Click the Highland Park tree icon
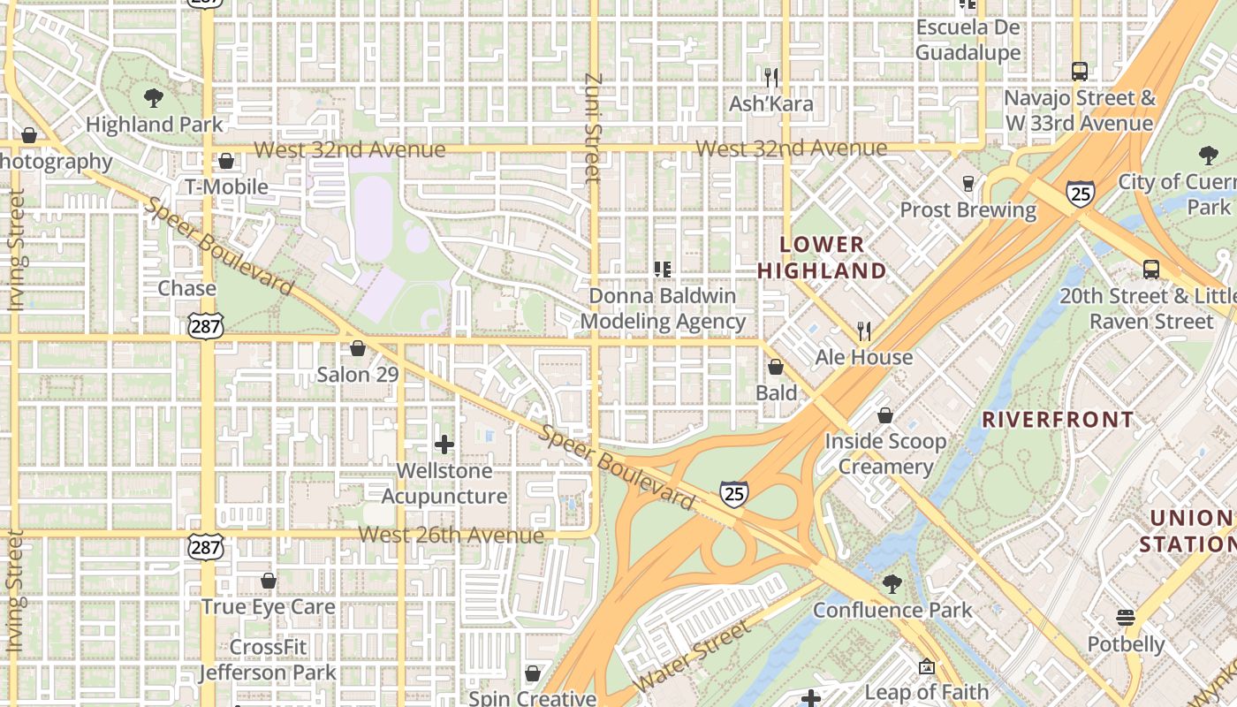point(153,97)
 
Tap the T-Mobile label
point(226,186)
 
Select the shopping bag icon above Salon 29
point(358,348)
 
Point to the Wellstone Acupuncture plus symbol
point(444,445)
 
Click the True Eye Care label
point(268,607)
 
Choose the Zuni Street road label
point(593,128)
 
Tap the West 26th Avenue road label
point(451,536)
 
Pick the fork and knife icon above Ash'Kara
point(771,78)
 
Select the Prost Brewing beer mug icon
point(968,183)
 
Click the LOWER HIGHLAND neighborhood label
point(822,257)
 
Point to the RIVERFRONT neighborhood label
point(1058,420)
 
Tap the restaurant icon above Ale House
point(864,331)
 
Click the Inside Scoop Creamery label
point(885,453)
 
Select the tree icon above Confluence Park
point(892,583)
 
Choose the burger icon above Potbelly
point(1125,618)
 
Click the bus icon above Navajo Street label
point(1079,71)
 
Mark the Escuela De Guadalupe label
point(968,40)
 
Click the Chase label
point(186,288)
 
